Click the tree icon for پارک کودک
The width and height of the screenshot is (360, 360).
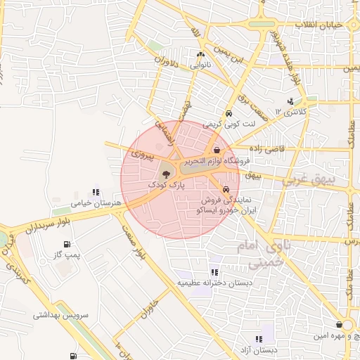click(x=167, y=173)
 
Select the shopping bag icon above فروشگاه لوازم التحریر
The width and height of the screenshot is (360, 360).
click(x=217, y=150)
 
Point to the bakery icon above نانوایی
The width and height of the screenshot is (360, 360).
click(x=200, y=54)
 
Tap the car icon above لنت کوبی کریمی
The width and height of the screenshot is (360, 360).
click(x=229, y=114)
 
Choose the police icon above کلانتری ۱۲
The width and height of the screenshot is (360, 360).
click(x=291, y=101)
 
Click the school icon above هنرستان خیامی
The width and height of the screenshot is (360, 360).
click(x=96, y=192)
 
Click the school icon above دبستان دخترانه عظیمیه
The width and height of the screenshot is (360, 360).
click(x=214, y=272)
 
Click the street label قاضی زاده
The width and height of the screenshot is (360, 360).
click(x=264, y=148)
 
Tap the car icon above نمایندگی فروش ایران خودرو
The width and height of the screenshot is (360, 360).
click(x=225, y=189)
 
